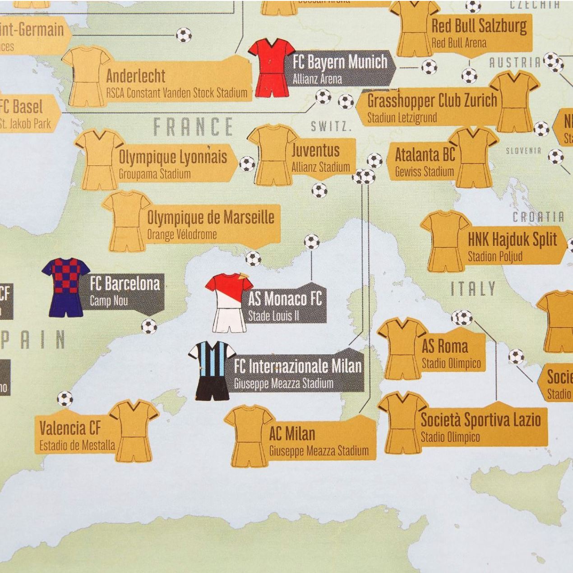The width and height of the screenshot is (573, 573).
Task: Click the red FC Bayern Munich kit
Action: pyautogui.click(x=271, y=68)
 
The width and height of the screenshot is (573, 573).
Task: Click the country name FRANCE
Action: pyautogui.click(x=193, y=127)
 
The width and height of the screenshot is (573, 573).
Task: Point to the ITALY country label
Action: pyautogui.click(x=473, y=289)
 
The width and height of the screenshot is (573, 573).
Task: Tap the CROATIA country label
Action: pyautogui.click(x=538, y=217)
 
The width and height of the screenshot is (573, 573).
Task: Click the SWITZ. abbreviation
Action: pyautogui.click(x=331, y=126)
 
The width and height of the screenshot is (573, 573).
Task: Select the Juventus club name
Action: pyautogui.click(x=315, y=150)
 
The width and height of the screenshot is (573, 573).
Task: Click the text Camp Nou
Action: pyautogui.click(x=109, y=301)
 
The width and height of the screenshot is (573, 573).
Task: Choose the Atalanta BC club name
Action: pyautogui.click(x=425, y=155)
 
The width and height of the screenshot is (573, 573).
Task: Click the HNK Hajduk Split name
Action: pyautogui.click(x=512, y=240)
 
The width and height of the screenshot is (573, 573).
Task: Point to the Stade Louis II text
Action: pyautogui.click(x=273, y=316)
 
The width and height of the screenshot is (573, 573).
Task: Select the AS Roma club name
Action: pyautogui.click(x=444, y=347)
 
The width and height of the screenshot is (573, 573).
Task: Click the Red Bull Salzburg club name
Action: pyautogui.click(x=479, y=26)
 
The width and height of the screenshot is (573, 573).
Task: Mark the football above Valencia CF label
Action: pyautogui.click(x=65, y=399)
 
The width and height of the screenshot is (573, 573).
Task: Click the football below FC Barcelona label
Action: pyautogui.click(x=149, y=326)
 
